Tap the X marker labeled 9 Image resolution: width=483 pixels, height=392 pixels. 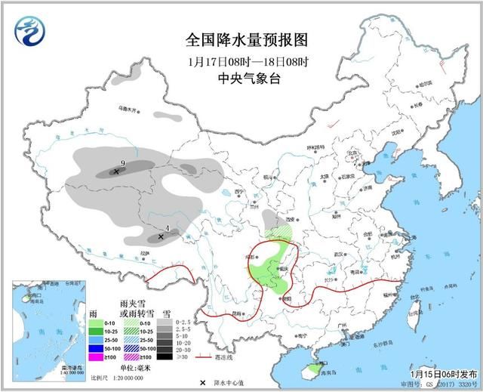(115, 172)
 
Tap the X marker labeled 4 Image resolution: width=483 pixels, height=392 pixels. (161, 237)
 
